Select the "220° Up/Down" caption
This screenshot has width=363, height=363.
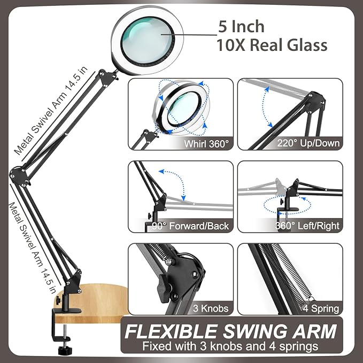pos(308,143)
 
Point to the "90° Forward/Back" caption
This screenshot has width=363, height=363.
pos(191,226)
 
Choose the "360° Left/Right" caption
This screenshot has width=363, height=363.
pos(308,226)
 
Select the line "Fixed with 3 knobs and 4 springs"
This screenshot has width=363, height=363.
pos(230,346)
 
